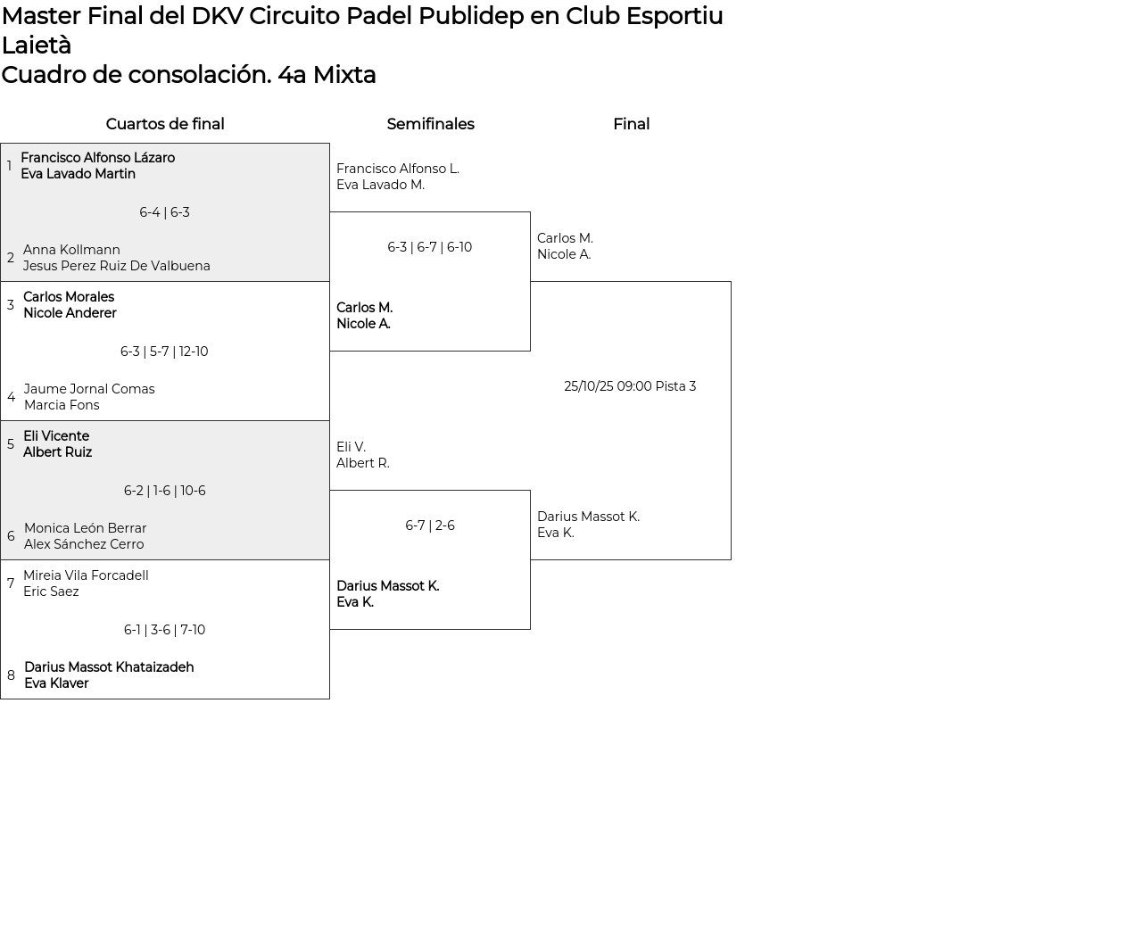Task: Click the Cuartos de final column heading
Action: point(165,124)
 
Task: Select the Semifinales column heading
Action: point(430,124)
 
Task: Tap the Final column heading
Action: point(631,124)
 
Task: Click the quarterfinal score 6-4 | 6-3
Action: point(164,212)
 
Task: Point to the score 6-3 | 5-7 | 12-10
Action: point(164,352)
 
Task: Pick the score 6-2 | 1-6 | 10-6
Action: point(164,491)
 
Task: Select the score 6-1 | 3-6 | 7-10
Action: point(164,630)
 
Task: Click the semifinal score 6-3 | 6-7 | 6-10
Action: point(429,247)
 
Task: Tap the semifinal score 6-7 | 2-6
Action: point(429,525)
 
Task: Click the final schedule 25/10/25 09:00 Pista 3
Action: point(630,386)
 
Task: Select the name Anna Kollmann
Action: point(71,250)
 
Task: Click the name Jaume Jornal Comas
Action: point(89,389)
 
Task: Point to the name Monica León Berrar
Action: point(85,528)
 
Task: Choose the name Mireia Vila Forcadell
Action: point(86,575)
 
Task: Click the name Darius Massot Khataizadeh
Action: point(109,667)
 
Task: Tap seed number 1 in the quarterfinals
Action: point(9,166)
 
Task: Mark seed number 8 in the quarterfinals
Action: point(11,675)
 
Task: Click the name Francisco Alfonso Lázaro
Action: point(97,158)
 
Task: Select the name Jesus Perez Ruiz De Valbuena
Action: point(117,266)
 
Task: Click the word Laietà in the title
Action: point(36,46)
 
